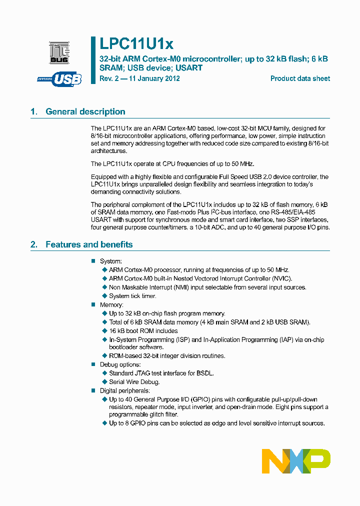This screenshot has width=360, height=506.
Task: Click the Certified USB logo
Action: point(59,78)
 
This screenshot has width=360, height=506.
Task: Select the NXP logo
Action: point(296,461)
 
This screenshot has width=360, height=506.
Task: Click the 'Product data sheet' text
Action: point(300,78)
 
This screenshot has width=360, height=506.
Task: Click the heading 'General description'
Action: point(85,111)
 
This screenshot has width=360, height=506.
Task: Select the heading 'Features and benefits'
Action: point(89,244)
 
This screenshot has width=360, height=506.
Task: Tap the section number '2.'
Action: point(34,244)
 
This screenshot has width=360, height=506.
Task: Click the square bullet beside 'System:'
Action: point(93,261)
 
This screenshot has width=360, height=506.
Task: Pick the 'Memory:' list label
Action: point(111,304)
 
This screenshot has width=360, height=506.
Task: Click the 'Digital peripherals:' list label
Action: point(124,390)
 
